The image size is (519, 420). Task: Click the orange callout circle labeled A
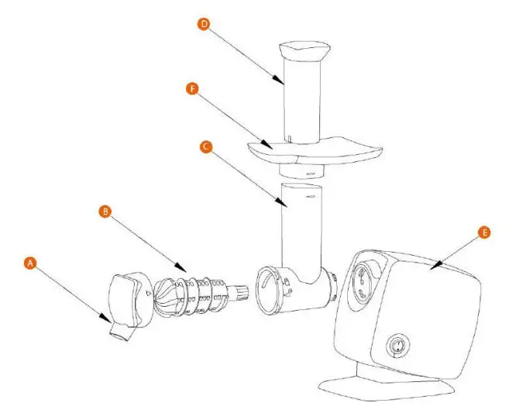(30, 263)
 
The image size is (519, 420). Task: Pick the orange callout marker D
(204, 24)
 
